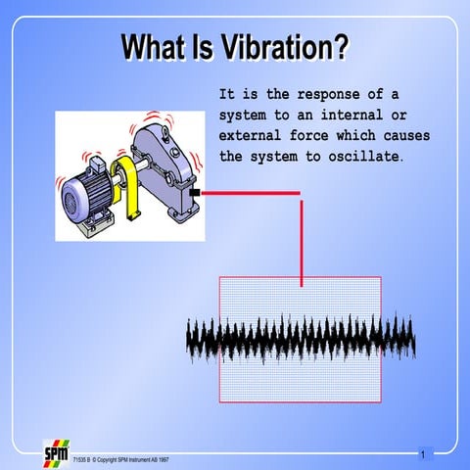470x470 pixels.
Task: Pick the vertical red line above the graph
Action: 301,240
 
